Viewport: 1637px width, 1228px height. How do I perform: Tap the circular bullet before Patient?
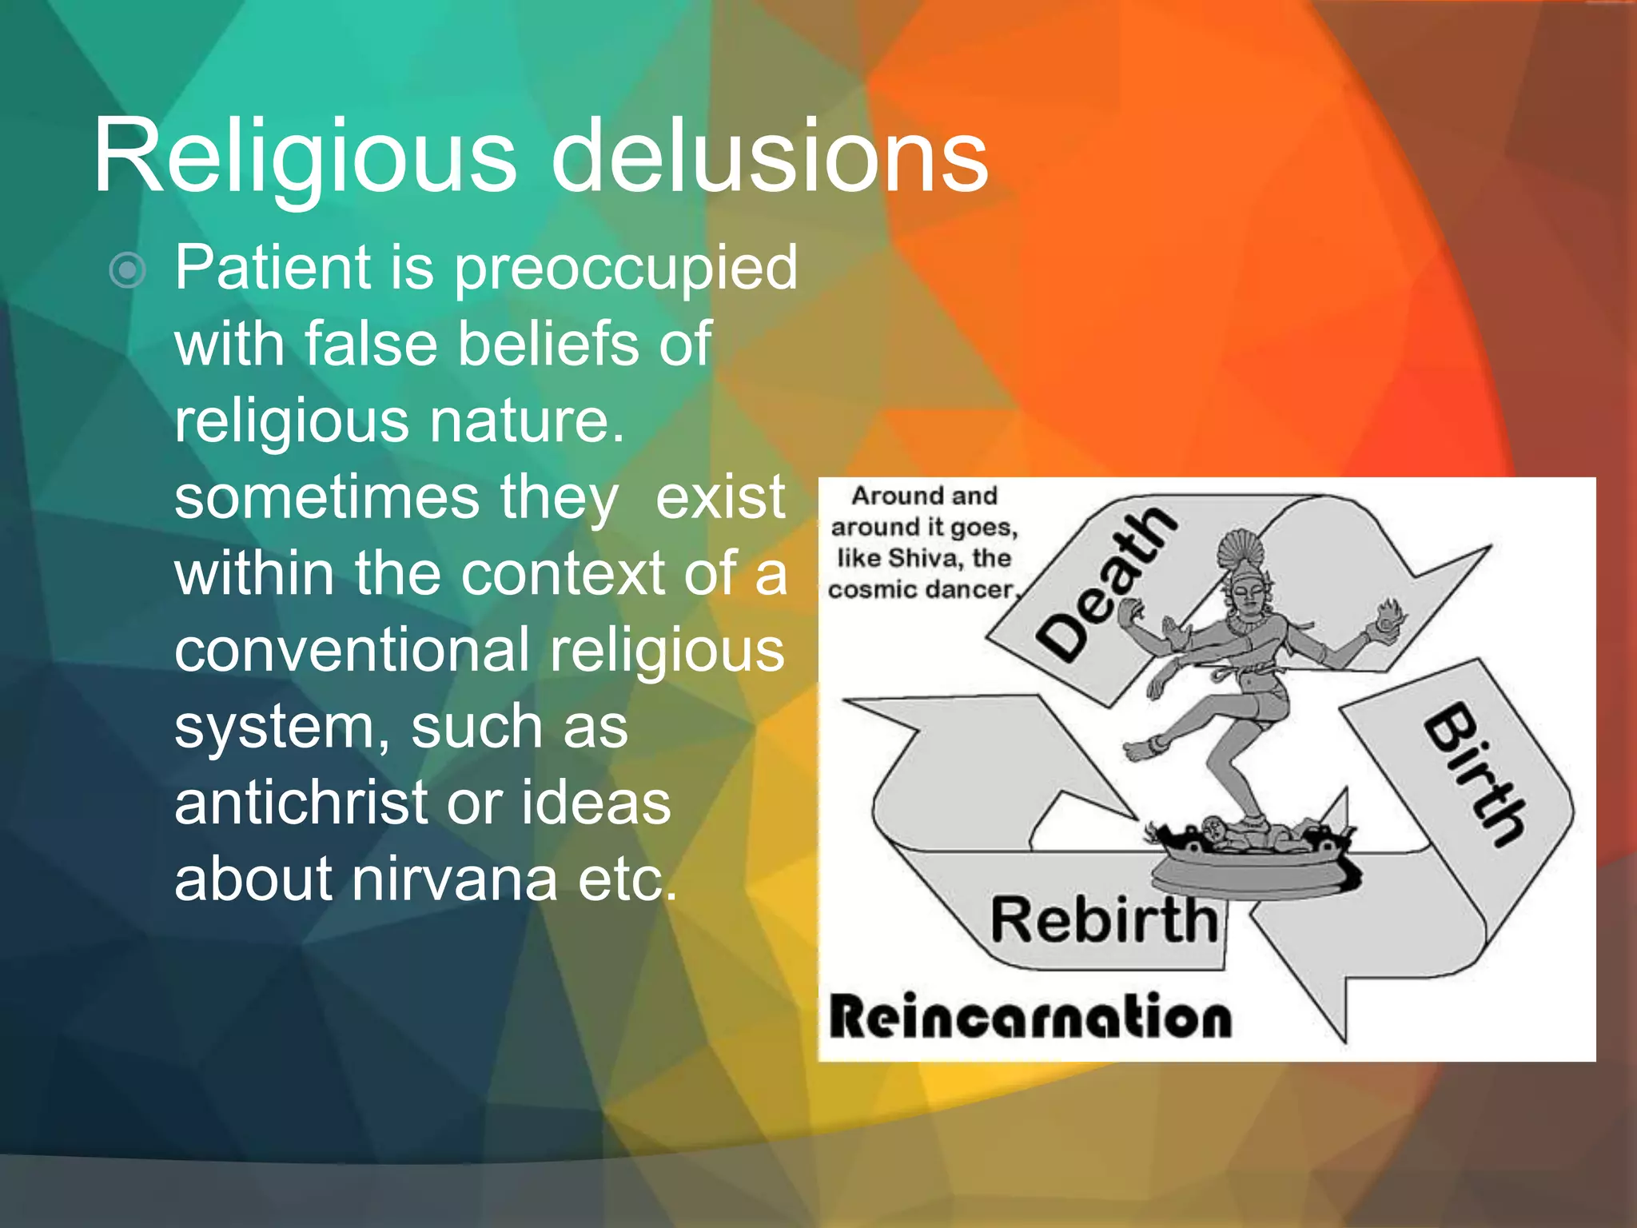(127, 270)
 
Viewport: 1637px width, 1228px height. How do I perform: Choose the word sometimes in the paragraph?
(326, 498)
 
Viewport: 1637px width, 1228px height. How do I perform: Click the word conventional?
(352, 650)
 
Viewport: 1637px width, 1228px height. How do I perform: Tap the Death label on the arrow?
(1107, 584)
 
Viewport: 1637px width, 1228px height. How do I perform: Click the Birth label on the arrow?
(1475, 773)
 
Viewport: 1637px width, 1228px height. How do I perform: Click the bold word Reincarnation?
(1030, 1018)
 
